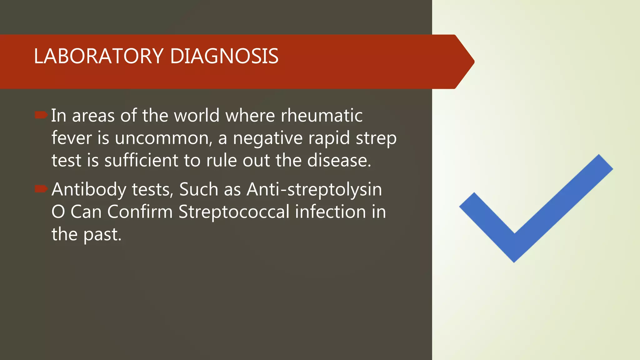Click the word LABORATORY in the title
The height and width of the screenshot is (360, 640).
coord(98,57)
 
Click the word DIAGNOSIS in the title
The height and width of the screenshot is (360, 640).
coord(224,57)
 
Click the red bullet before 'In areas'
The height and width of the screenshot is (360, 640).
coord(41,115)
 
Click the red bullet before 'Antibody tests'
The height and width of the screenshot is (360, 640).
coord(41,189)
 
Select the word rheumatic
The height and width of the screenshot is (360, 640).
coord(322,116)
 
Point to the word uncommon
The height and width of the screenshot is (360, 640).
coord(163,138)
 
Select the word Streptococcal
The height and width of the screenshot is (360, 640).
coord(234,212)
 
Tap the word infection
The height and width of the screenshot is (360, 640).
coord(331,212)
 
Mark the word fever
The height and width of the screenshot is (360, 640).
coord(72,138)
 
